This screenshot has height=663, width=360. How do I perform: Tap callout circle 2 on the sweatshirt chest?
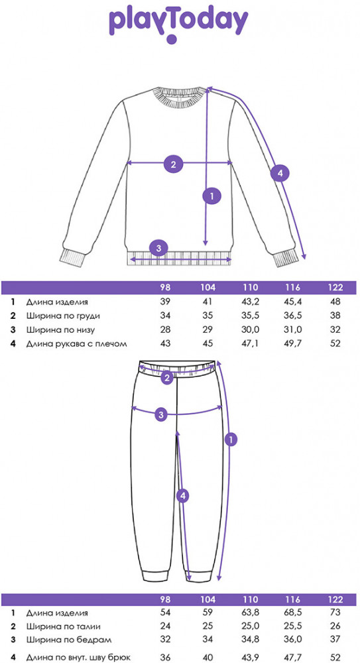173,164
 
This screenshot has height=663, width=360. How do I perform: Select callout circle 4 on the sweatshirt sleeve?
280,172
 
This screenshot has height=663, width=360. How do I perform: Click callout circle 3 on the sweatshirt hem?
158,248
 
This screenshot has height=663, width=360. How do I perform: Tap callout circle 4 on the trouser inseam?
182,497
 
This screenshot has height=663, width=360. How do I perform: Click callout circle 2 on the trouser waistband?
168,378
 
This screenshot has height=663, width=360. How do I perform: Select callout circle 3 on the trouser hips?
160,414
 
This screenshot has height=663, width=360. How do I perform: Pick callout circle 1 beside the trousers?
231,440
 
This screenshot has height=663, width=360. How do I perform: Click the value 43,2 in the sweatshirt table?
250,302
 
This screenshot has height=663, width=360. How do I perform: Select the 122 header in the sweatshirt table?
335,288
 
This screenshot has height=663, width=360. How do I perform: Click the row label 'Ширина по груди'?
64,316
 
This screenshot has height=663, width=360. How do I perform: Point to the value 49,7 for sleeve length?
292,343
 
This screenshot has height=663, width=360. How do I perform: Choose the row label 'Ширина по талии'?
64,627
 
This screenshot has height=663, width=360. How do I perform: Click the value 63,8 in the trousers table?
250,612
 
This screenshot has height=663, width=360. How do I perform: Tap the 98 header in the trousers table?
165,599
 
